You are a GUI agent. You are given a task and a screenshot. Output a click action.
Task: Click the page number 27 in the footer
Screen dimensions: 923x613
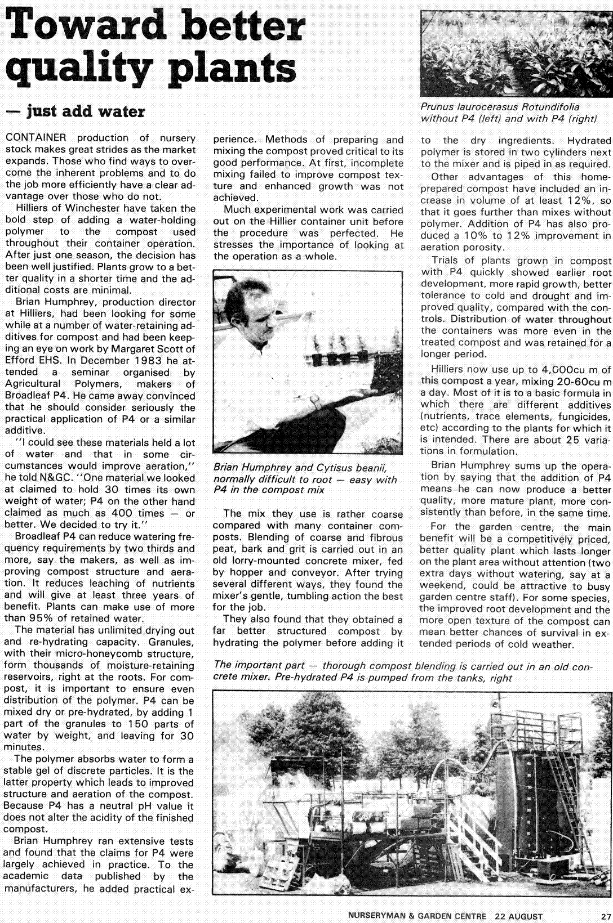point(605,916)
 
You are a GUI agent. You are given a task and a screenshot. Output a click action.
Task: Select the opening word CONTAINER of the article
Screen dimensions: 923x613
point(35,138)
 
